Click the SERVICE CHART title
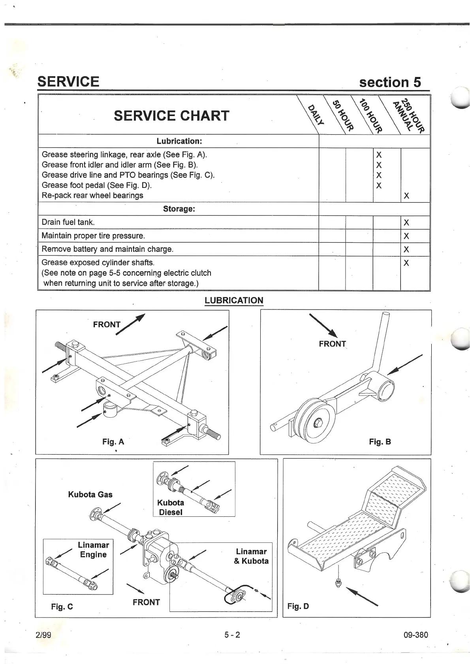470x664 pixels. [x=171, y=116]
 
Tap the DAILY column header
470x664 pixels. [x=316, y=114]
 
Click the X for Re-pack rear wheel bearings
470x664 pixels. [x=406, y=196]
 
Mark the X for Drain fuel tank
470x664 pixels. [x=406, y=223]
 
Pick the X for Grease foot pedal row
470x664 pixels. [x=379, y=186]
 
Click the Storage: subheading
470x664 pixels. [x=179, y=209]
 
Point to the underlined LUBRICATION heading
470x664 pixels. [x=234, y=300]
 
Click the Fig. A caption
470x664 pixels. [x=113, y=442]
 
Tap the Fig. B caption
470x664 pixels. [x=380, y=442]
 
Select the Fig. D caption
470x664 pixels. [x=298, y=606]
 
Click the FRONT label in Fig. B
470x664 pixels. [x=332, y=344]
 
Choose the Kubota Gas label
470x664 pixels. [x=90, y=495]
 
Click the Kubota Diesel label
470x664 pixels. [x=171, y=507]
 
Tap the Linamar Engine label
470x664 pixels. [x=93, y=550]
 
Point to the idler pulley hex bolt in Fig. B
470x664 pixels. [x=318, y=425]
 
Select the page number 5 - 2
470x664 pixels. [x=232, y=635]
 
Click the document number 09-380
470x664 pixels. [x=416, y=635]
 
